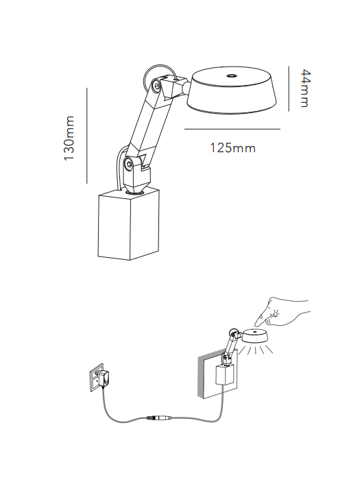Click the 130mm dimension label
(69, 138)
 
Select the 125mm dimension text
(232, 148)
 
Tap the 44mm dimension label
(305, 88)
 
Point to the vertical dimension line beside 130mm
(87, 136)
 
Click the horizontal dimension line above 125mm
(232, 129)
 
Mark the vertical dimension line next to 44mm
(289, 88)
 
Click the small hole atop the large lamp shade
(231, 75)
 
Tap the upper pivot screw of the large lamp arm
(156, 86)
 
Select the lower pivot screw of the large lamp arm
(128, 164)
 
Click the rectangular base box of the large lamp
(129, 225)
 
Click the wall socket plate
(97, 378)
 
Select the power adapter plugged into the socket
(104, 378)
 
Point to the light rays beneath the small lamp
(256, 350)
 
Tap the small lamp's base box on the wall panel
(226, 375)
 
